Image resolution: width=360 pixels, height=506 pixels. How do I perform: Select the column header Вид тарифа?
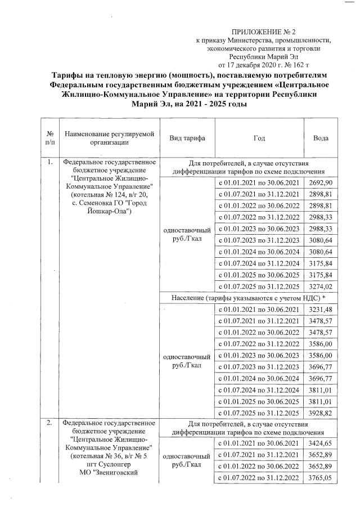[187, 138]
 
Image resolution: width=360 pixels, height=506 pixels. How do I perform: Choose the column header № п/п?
[51, 138]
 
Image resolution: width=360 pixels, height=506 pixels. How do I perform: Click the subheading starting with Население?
[251, 297]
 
